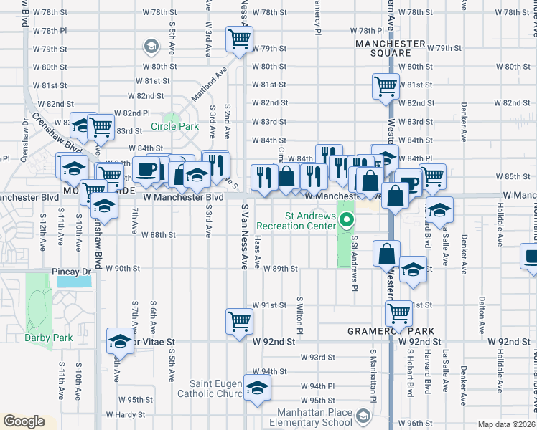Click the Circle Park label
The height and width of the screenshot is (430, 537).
point(174,127)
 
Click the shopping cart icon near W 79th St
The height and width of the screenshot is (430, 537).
point(238,39)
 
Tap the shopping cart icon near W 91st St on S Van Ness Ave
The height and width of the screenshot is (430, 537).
point(238,321)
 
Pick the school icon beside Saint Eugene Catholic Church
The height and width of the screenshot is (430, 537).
point(256,388)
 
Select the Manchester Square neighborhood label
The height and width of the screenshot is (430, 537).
point(391,48)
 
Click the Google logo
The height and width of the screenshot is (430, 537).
point(23,421)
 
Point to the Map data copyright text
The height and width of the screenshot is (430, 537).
point(505,424)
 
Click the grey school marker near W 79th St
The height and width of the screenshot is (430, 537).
point(151,47)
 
